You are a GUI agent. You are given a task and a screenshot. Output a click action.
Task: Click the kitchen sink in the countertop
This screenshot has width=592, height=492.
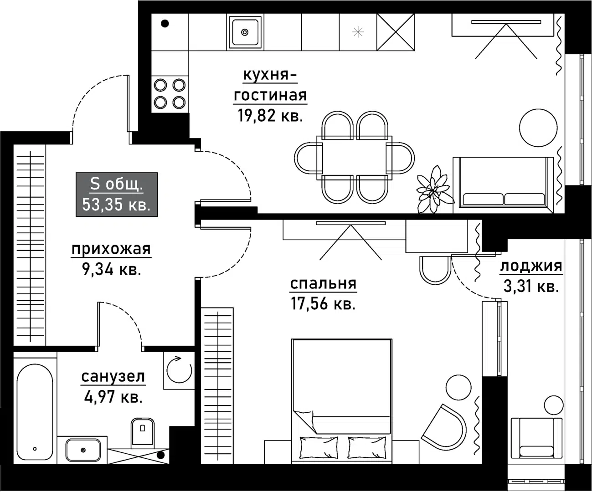pyautogui.click(x=245, y=32)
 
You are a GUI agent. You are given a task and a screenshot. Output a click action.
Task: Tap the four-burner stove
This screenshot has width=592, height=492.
pyautogui.click(x=170, y=93)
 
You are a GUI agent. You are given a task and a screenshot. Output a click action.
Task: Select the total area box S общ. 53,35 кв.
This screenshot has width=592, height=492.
pyautogui.click(x=117, y=195)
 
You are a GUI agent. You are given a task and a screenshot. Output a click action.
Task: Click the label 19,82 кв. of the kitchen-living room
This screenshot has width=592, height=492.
pyautogui.click(x=270, y=116)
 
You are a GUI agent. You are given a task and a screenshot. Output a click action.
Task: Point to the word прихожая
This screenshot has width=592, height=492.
pyautogui.click(x=111, y=249)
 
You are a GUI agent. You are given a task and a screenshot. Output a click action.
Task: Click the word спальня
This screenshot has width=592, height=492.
pyautogui.click(x=323, y=284)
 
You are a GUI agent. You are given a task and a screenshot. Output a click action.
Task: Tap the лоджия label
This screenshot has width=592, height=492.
pyautogui.click(x=531, y=266)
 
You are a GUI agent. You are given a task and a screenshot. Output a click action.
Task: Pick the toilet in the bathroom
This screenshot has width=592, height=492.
pyautogui.click(x=143, y=431)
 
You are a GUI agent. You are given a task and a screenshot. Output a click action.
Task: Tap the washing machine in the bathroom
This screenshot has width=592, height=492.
pyautogui.click(x=179, y=370)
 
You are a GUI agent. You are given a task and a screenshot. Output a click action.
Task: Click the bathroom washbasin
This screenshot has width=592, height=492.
pyautogui.click(x=82, y=450)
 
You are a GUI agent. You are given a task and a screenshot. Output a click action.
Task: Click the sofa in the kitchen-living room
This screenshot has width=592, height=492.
pyautogui.click(x=504, y=184)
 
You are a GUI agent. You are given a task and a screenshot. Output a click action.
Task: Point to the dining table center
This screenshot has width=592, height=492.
pyautogui.click(x=355, y=155)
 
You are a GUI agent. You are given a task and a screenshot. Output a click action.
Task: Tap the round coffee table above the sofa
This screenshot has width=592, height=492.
pyautogui.click(x=538, y=127)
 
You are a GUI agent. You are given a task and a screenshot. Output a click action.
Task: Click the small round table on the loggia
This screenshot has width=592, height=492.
pyautogui.click(x=554, y=405)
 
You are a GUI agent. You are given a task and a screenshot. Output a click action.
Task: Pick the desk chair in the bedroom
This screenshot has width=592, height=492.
pyautogui.click(x=435, y=270)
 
